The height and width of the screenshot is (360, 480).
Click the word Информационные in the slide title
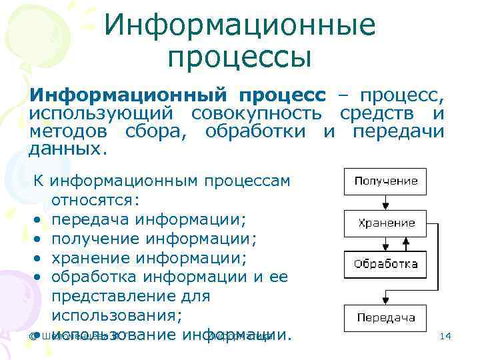tap(240, 26)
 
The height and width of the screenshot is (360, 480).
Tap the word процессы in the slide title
tap(240, 59)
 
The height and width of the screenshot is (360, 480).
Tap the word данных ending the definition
tap(67, 149)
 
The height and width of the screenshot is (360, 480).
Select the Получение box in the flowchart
tap(386, 181)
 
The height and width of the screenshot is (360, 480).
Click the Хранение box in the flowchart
tap(386, 223)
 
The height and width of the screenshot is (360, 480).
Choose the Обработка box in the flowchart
tap(386, 264)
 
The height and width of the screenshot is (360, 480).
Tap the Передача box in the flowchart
tap(386, 317)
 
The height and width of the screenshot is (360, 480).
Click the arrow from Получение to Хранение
tap(385, 202)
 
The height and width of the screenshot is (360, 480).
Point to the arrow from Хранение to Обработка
tap(385, 243)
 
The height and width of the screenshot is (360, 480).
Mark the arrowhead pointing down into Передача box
tap(385, 301)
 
